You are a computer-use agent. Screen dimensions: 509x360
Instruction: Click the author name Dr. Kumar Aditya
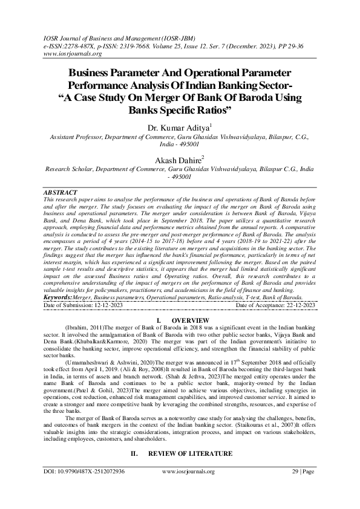(178, 128)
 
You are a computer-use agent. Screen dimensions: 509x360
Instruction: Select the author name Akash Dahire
(178, 160)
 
